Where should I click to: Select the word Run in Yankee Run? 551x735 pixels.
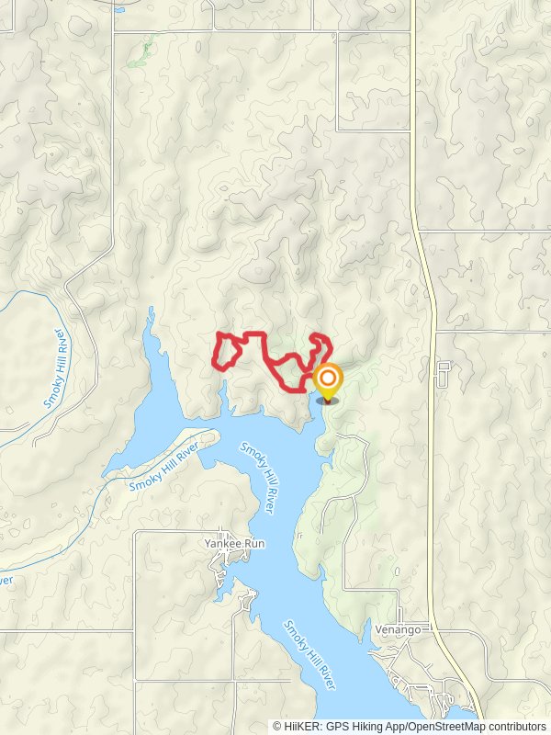click(254, 544)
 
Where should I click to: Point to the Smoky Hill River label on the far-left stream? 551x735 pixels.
click(56, 368)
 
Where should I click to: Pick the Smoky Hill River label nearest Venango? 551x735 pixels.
click(309, 655)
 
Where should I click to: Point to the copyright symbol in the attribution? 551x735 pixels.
click(276, 726)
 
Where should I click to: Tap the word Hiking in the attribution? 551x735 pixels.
click(364, 726)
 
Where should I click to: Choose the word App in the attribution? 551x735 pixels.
click(393, 726)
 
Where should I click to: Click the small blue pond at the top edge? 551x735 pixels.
click(120, 10)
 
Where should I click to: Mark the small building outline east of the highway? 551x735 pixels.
click(444, 374)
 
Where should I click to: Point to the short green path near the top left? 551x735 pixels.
click(140, 55)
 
